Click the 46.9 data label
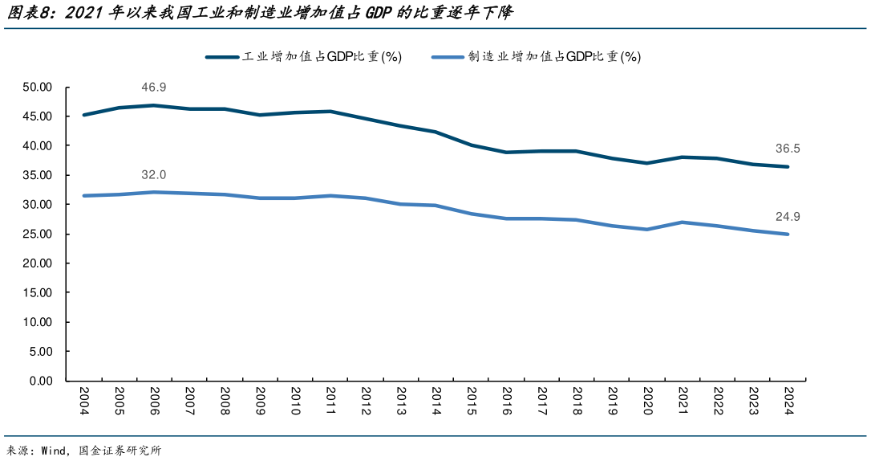pos(153,88)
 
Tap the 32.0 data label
pos(153,175)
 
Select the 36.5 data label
pos(788,149)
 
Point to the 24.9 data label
pos(788,216)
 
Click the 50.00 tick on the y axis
pos(37,87)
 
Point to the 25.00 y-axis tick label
pos(37,234)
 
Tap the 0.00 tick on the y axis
pos(40,381)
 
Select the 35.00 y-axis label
pos(37,175)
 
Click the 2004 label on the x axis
pos(84,400)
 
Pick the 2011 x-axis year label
pos(330,400)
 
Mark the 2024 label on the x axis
pos(788,400)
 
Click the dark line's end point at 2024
pos(788,167)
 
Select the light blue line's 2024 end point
pos(788,235)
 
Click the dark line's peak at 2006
pos(154,105)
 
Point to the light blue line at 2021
pos(682,222)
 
